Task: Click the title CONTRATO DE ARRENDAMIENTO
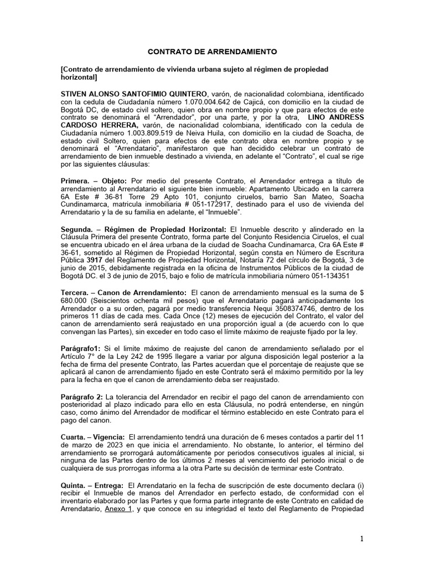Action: (x=212, y=51)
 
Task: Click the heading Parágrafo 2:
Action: (x=82, y=397)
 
